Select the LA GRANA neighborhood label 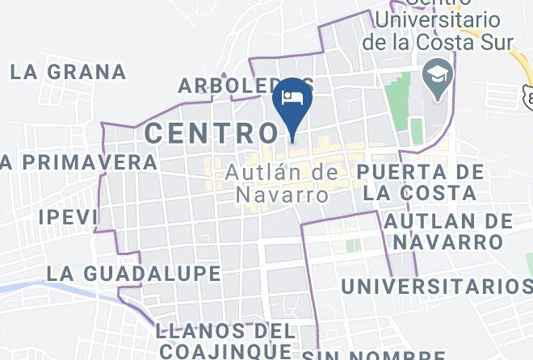click(69, 72)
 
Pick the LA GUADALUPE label click(133, 273)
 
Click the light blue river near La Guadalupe click(32, 286)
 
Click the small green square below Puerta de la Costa click(353, 245)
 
